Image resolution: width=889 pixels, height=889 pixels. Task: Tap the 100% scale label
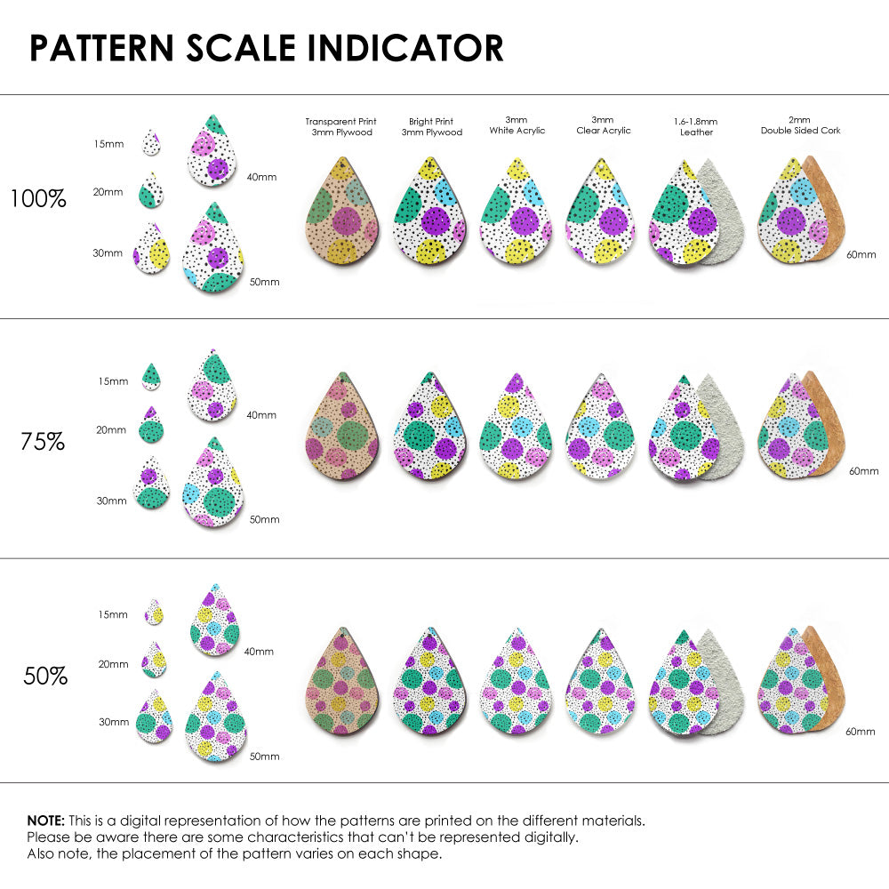tap(38, 198)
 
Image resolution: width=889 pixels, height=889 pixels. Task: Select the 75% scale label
tap(43, 441)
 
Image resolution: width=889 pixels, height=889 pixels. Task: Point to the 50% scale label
tap(45, 676)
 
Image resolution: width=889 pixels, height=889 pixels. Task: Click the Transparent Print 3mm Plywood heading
tap(340, 126)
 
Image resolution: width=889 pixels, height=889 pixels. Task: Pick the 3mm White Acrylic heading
tap(517, 124)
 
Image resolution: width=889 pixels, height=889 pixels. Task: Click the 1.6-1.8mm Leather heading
tap(695, 126)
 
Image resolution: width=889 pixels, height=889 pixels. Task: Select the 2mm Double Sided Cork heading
tap(800, 124)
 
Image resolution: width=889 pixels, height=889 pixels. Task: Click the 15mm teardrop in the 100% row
tap(152, 141)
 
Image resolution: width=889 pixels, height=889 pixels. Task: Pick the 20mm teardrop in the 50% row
tap(154, 660)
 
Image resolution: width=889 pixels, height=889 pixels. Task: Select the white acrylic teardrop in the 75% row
tap(516, 427)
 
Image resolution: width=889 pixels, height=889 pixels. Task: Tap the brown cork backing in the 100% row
tap(823, 209)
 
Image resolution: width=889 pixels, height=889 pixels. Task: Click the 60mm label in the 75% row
tap(863, 470)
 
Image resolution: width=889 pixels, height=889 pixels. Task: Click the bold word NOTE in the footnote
tap(45, 821)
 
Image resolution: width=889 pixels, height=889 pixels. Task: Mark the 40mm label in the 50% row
tap(258, 652)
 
